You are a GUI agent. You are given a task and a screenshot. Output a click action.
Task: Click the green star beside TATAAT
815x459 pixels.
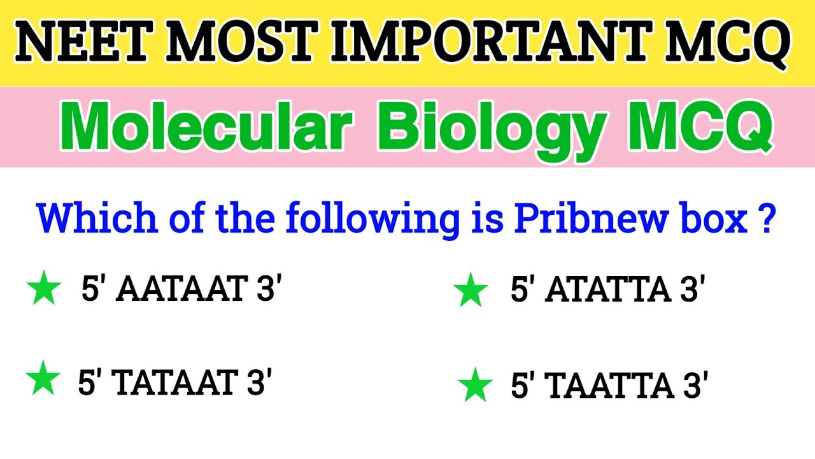(43, 379)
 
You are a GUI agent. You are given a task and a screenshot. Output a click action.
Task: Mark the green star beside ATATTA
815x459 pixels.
(471, 291)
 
